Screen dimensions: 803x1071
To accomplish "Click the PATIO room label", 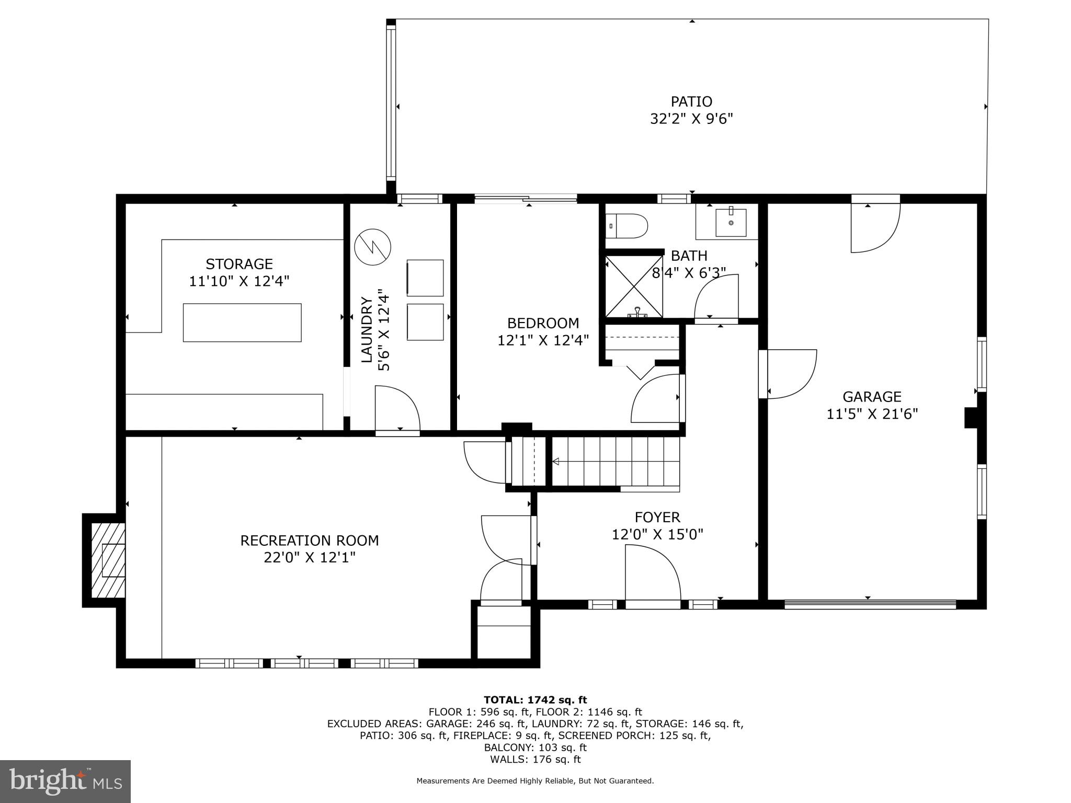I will (x=691, y=101).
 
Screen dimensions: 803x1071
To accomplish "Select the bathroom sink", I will (x=731, y=222).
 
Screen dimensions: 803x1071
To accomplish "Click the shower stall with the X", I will (x=634, y=286).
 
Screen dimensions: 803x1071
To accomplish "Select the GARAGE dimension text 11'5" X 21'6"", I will (x=872, y=414).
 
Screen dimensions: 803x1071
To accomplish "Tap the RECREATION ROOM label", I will (x=309, y=540).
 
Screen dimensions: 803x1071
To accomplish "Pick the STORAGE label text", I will (x=239, y=263).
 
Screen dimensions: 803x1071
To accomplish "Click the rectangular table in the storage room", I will (x=242, y=323).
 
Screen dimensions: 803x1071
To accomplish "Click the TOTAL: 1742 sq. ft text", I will (x=535, y=699).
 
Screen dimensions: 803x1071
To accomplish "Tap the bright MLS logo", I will (x=65, y=781).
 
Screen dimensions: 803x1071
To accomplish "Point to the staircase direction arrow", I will (x=556, y=461).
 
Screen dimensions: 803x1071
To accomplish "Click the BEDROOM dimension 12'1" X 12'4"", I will (x=543, y=340).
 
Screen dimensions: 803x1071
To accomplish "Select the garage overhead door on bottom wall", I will (x=870, y=604).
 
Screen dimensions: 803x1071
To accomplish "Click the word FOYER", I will (x=657, y=517).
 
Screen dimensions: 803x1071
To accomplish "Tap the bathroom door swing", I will (x=715, y=298).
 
